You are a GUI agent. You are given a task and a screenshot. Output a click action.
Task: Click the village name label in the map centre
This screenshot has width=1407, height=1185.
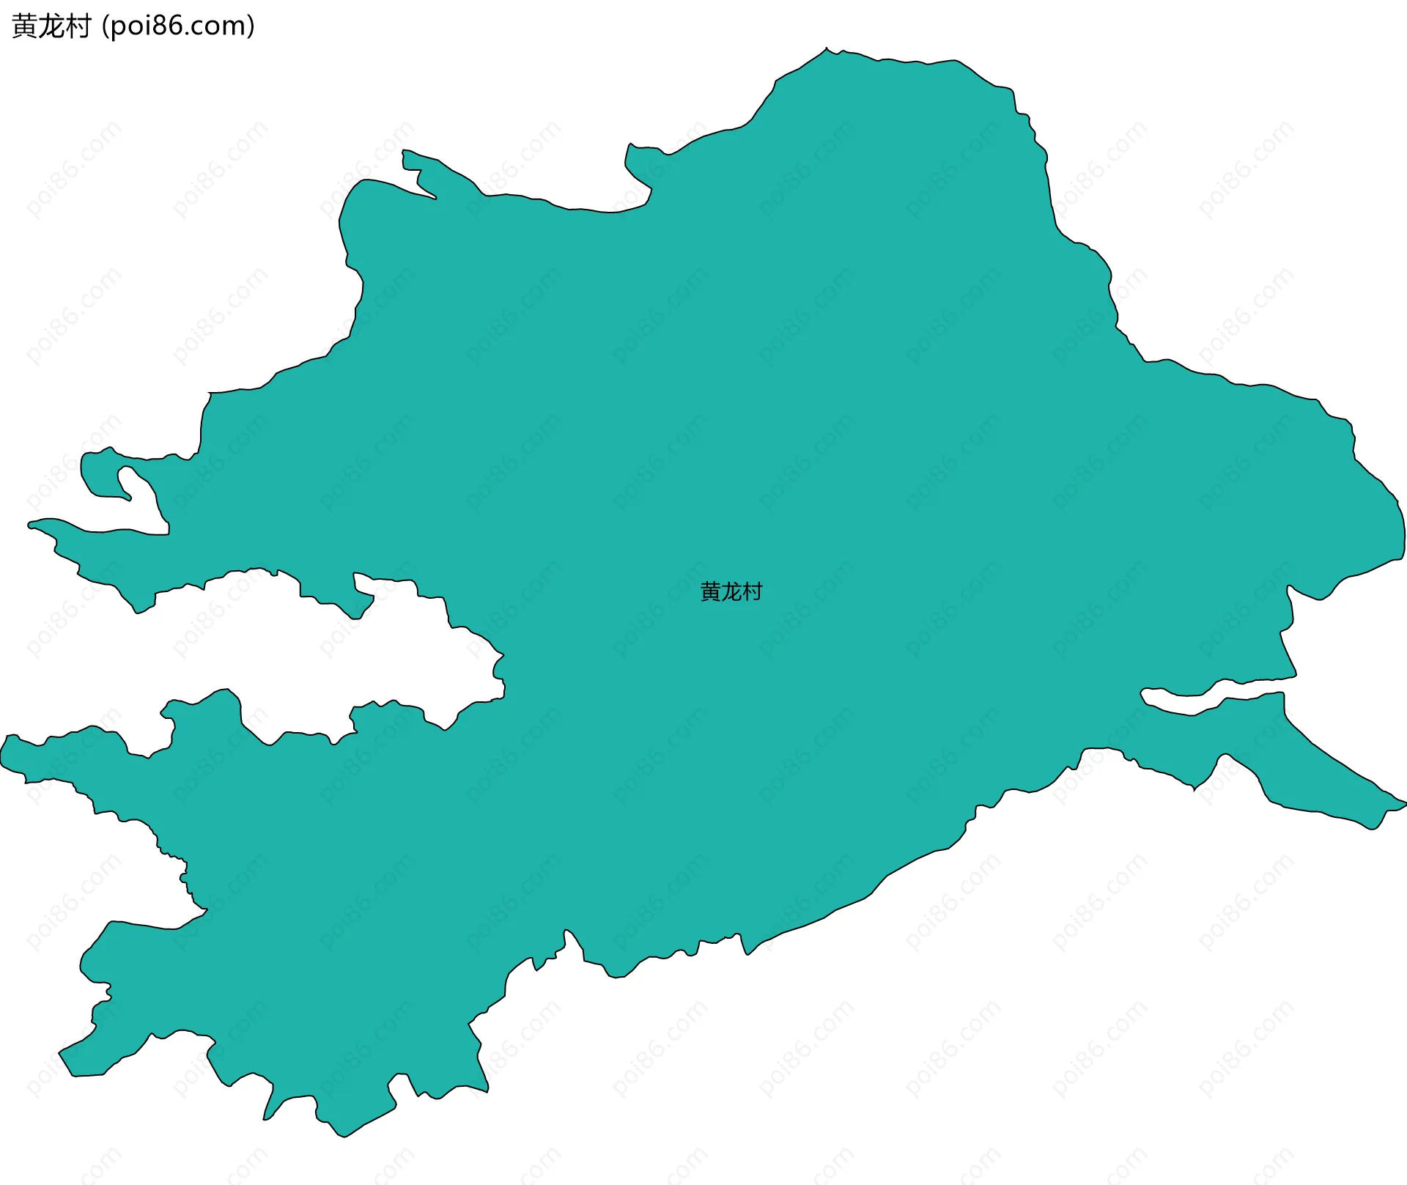pos(731,591)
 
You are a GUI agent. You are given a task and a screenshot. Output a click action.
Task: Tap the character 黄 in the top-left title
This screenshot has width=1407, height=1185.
pos(25,26)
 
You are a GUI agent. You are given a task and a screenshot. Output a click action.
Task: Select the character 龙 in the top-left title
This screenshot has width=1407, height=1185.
pos(52,26)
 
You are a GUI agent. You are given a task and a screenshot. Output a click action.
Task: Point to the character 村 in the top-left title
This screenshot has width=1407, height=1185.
pos(78,26)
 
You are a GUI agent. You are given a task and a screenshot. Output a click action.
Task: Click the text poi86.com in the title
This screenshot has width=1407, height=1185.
pos(178,26)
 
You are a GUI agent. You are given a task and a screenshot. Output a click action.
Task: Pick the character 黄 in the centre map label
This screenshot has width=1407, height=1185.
pos(711,591)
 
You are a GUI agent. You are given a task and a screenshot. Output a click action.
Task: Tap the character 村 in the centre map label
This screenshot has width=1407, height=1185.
pos(753,591)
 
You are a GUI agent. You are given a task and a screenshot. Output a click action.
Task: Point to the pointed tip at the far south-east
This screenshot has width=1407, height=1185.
pos(1404,805)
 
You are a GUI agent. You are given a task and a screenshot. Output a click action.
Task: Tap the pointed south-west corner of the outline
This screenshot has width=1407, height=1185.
pos(62,1055)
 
